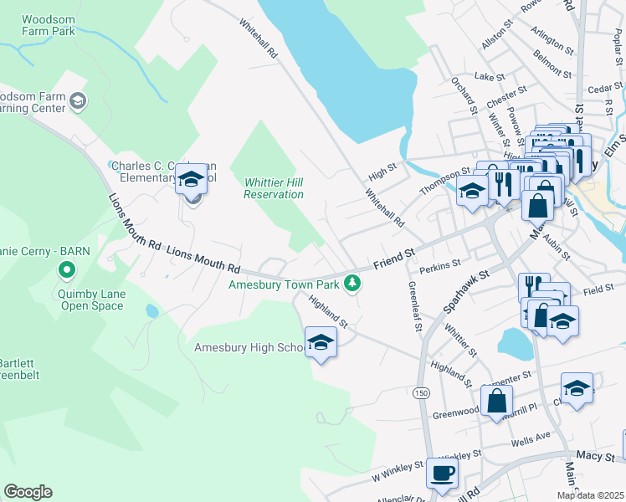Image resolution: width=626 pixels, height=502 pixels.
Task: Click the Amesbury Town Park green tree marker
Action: click(353, 284)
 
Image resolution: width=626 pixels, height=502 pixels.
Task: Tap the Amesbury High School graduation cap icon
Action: click(320, 342)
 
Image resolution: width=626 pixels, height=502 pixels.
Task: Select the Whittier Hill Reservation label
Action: click(273, 188)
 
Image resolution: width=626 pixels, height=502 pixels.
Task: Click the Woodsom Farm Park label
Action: click(49, 24)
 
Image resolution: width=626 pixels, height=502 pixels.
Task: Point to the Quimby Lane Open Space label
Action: click(92, 300)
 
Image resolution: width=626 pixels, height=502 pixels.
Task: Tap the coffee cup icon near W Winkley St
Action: click(442, 473)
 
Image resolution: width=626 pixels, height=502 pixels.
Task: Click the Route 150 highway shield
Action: click(420, 393)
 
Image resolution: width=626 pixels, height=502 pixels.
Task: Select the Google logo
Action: click(28, 492)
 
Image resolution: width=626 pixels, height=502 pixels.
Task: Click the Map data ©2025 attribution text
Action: click(590, 495)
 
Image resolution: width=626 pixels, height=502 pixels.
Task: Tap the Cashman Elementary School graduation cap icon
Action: click(191, 178)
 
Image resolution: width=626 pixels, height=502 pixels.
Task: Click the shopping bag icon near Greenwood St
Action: click(496, 401)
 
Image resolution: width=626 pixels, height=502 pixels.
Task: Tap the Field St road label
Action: click(599, 289)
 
